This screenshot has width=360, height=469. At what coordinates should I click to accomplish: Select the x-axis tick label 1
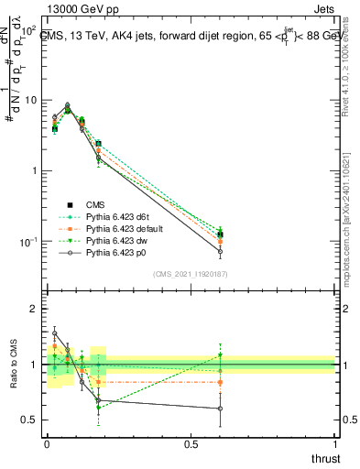tap(334, 444)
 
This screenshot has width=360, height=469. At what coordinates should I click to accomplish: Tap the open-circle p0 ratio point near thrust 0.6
tap(220, 409)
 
